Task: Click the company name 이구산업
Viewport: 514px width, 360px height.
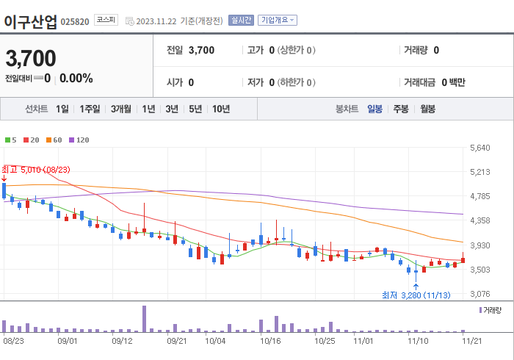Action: point(30,21)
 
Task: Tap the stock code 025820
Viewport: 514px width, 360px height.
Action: point(75,21)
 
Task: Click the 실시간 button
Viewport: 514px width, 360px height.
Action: point(240,20)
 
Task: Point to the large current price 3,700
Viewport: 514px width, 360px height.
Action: point(31,58)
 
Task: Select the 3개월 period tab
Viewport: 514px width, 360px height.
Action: point(121,109)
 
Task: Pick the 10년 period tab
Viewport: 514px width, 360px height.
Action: point(220,109)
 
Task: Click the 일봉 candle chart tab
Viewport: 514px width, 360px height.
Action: point(374,109)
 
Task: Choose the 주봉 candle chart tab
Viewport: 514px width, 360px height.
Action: point(401,109)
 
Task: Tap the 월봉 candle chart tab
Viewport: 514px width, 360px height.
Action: point(427,109)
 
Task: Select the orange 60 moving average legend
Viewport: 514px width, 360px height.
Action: point(54,140)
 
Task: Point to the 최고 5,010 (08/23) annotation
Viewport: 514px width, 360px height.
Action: point(36,170)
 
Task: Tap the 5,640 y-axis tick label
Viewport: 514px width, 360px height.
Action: point(479,148)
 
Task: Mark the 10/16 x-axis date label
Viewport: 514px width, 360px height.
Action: point(270,340)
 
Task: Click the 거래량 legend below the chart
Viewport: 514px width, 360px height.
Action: point(491,310)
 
